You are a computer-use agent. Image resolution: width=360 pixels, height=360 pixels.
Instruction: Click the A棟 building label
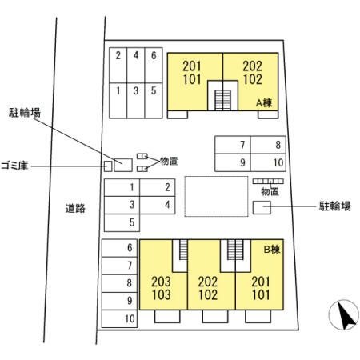(x=264, y=102)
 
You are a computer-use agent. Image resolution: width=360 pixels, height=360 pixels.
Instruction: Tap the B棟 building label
(x=272, y=250)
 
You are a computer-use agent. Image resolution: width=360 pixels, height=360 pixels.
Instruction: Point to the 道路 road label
(x=75, y=208)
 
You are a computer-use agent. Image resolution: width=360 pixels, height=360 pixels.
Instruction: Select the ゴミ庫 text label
(x=14, y=166)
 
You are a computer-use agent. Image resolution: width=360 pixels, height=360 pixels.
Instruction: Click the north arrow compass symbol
(x=344, y=314)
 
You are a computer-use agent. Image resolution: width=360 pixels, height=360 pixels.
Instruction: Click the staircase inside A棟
(x=222, y=100)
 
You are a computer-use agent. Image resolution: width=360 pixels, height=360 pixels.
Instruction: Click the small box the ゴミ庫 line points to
(x=108, y=166)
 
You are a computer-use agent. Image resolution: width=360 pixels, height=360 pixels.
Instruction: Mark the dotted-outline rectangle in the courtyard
(x=216, y=196)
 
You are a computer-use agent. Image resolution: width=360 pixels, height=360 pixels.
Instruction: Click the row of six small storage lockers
(x=268, y=182)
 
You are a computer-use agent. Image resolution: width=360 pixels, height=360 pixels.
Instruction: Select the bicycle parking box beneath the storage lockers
(x=262, y=207)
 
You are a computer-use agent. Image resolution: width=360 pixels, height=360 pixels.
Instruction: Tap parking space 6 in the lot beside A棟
(x=154, y=65)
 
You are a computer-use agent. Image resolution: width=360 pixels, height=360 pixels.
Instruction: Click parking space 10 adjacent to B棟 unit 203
(x=119, y=318)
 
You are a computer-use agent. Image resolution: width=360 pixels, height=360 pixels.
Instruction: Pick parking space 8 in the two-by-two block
(x=268, y=145)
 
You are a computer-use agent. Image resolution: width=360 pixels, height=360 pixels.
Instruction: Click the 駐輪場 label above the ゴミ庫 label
(x=25, y=113)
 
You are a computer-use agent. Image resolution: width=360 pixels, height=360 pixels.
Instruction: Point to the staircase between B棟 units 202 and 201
(x=235, y=250)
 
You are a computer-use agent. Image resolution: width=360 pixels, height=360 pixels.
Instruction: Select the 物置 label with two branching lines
(x=169, y=161)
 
